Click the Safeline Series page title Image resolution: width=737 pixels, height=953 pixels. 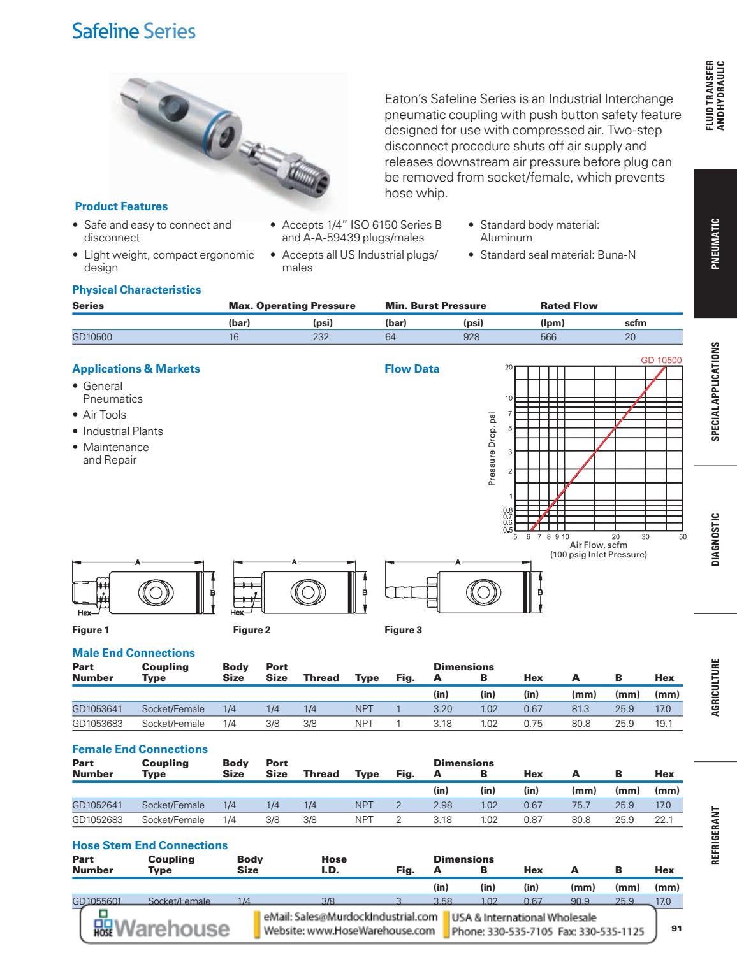pyautogui.click(x=134, y=31)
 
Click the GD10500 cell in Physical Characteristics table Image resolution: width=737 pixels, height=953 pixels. pyautogui.click(x=92, y=337)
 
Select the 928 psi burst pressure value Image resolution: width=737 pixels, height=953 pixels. pyautogui.click(x=471, y=337)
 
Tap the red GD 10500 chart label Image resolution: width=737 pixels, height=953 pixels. pyautogui.click(x=660, y=360)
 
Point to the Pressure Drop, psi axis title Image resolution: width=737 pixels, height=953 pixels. pyautogui.click(x=492, y=449)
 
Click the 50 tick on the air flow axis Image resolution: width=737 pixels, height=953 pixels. pyautogui.click(x=683, y=537)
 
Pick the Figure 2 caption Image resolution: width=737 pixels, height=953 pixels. pyautogui.click(x=251, y=630)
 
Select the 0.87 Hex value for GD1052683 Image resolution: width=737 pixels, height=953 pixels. pyautogui.click(x=532, y=820)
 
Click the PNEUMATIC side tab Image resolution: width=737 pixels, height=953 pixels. pyautogui.click(x=715, y=244)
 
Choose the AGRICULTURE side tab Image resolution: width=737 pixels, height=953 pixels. pyautogui.click(x=715, y=687)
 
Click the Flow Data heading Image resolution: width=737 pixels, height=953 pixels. pyautogui.click(x=412, y=369)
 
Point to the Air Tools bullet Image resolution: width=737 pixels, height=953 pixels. pyautogui.click(x=104, y=415)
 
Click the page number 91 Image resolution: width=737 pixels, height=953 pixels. pyautogui.click(x=676, y=929)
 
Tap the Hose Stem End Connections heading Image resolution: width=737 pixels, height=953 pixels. pyautogui.click(x=150, y=845)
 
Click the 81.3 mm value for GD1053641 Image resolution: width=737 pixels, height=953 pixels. pyautogui.click(x=580, y=709)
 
